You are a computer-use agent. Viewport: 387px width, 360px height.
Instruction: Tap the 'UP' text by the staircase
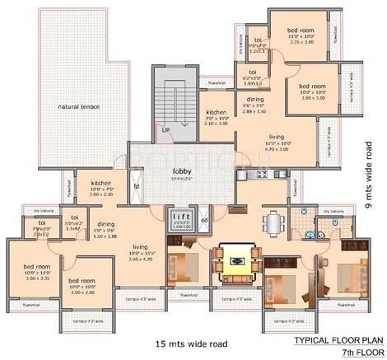(x=165, y=130)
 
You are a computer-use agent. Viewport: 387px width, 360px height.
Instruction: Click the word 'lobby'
(x=182, y=170)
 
